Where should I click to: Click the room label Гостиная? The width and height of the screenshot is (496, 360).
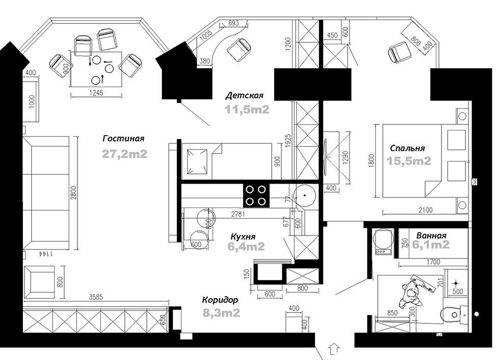click(x=123, y=139)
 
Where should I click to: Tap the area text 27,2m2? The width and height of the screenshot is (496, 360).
click(x=124, y=154)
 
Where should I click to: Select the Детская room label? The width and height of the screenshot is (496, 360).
click(x=244, y=95)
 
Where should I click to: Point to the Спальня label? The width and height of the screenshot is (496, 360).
click(x=407, y=148)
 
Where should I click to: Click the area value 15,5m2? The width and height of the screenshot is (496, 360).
click(x=409, y=161)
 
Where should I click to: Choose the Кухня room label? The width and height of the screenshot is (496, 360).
click(x=243, y=237)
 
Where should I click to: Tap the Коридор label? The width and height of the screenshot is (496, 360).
click(x=220, y=300)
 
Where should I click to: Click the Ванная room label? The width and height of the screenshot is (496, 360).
click(x=431, y=236)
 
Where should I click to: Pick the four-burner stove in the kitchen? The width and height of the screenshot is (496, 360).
click(x=256, y=195)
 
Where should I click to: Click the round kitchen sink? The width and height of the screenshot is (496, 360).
click(x=304, y=195)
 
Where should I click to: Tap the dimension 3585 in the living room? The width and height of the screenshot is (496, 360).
click(x=96, y=297)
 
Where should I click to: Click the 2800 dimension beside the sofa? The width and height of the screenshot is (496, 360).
click(x=74, y=192)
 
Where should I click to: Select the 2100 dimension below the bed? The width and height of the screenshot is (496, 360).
click(x=425, y=210)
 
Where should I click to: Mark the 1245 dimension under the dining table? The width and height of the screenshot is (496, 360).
click(x=96, y=93)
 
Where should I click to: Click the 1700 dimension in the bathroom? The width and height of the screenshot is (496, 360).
click(x=433, y=262)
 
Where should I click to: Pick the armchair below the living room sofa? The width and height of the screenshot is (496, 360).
click(x=39, y=282)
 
